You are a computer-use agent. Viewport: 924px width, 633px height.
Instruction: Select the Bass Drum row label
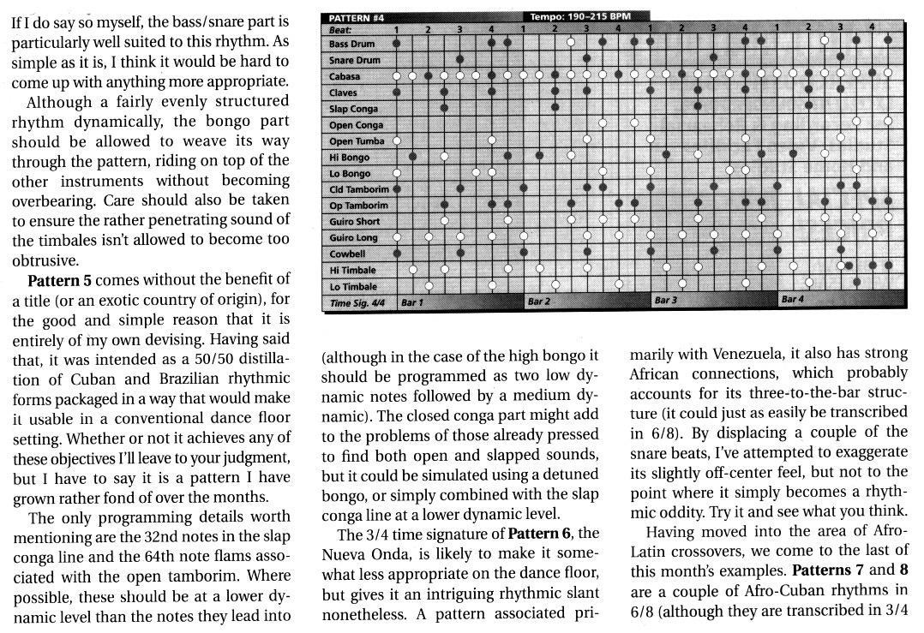(351, 43)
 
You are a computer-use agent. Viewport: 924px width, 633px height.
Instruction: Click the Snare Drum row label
(354, 60)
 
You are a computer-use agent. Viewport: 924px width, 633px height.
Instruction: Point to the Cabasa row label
(345, 76)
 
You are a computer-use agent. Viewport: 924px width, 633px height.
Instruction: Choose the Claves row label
(343, 93)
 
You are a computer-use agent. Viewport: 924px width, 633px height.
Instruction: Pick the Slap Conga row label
(353, 109)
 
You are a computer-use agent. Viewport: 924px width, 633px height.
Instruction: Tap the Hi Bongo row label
(350, 158)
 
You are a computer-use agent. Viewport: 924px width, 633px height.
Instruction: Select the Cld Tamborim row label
(359, 189)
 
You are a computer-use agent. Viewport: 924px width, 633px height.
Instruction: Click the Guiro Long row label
(353, 238)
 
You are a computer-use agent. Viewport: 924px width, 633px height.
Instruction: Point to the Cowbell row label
(347, 254)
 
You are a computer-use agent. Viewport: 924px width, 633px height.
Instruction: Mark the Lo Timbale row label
(353, 287)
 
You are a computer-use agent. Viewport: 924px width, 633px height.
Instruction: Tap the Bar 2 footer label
(538, 302)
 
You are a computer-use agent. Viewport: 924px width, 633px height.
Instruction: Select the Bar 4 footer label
(792, 300)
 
